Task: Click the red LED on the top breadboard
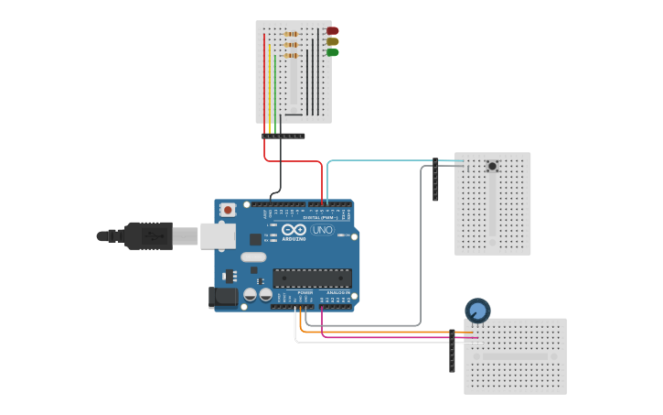coord(332,30)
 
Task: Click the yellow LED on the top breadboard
coord(332,41)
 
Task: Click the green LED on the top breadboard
coord(332,52)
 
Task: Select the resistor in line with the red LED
coord(291,33)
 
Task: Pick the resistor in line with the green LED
coord(291,55)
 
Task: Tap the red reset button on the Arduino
coord(228,210)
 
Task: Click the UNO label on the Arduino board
coord(322,230)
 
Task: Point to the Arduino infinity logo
coord(294,229)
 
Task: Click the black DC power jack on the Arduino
coord(221,296)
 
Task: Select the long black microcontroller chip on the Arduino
coord(312,278)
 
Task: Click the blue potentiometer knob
coord(476,311)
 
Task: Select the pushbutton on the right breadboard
coord(492,166)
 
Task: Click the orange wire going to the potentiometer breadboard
coord(384,332)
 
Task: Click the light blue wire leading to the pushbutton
coord(384,160)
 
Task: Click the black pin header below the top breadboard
coord(283,136)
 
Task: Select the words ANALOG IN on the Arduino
coord(337,292)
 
